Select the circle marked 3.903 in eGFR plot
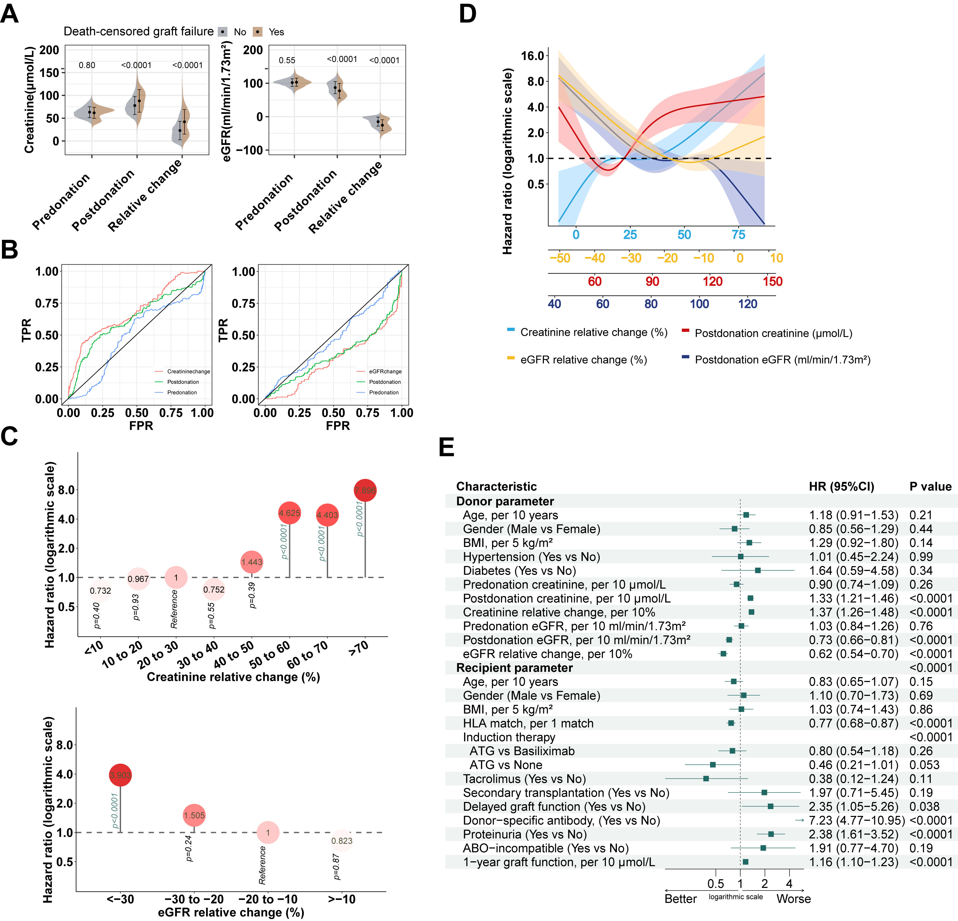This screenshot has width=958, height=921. (x=120, y=775)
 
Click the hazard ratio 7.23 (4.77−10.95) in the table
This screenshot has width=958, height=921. (x=856, y=820)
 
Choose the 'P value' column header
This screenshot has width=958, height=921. (x=930, y=486)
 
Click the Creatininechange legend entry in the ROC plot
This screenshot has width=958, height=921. (x=188, y=371)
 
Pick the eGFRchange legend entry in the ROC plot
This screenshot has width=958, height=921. (x=385, y=371)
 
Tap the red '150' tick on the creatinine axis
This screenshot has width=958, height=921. (x=772, y=282)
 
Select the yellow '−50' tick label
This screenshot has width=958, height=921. (x=560, y=258)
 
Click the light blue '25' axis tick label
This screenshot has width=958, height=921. (x=630, y=235)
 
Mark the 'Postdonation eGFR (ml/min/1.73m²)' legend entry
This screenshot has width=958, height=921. (x=782, y=359)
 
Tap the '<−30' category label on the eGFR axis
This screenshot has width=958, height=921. (x=120, y=899)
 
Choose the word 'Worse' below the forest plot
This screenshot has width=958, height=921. (x=793, y=899)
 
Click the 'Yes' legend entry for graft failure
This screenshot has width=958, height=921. (x=276, y=32)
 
